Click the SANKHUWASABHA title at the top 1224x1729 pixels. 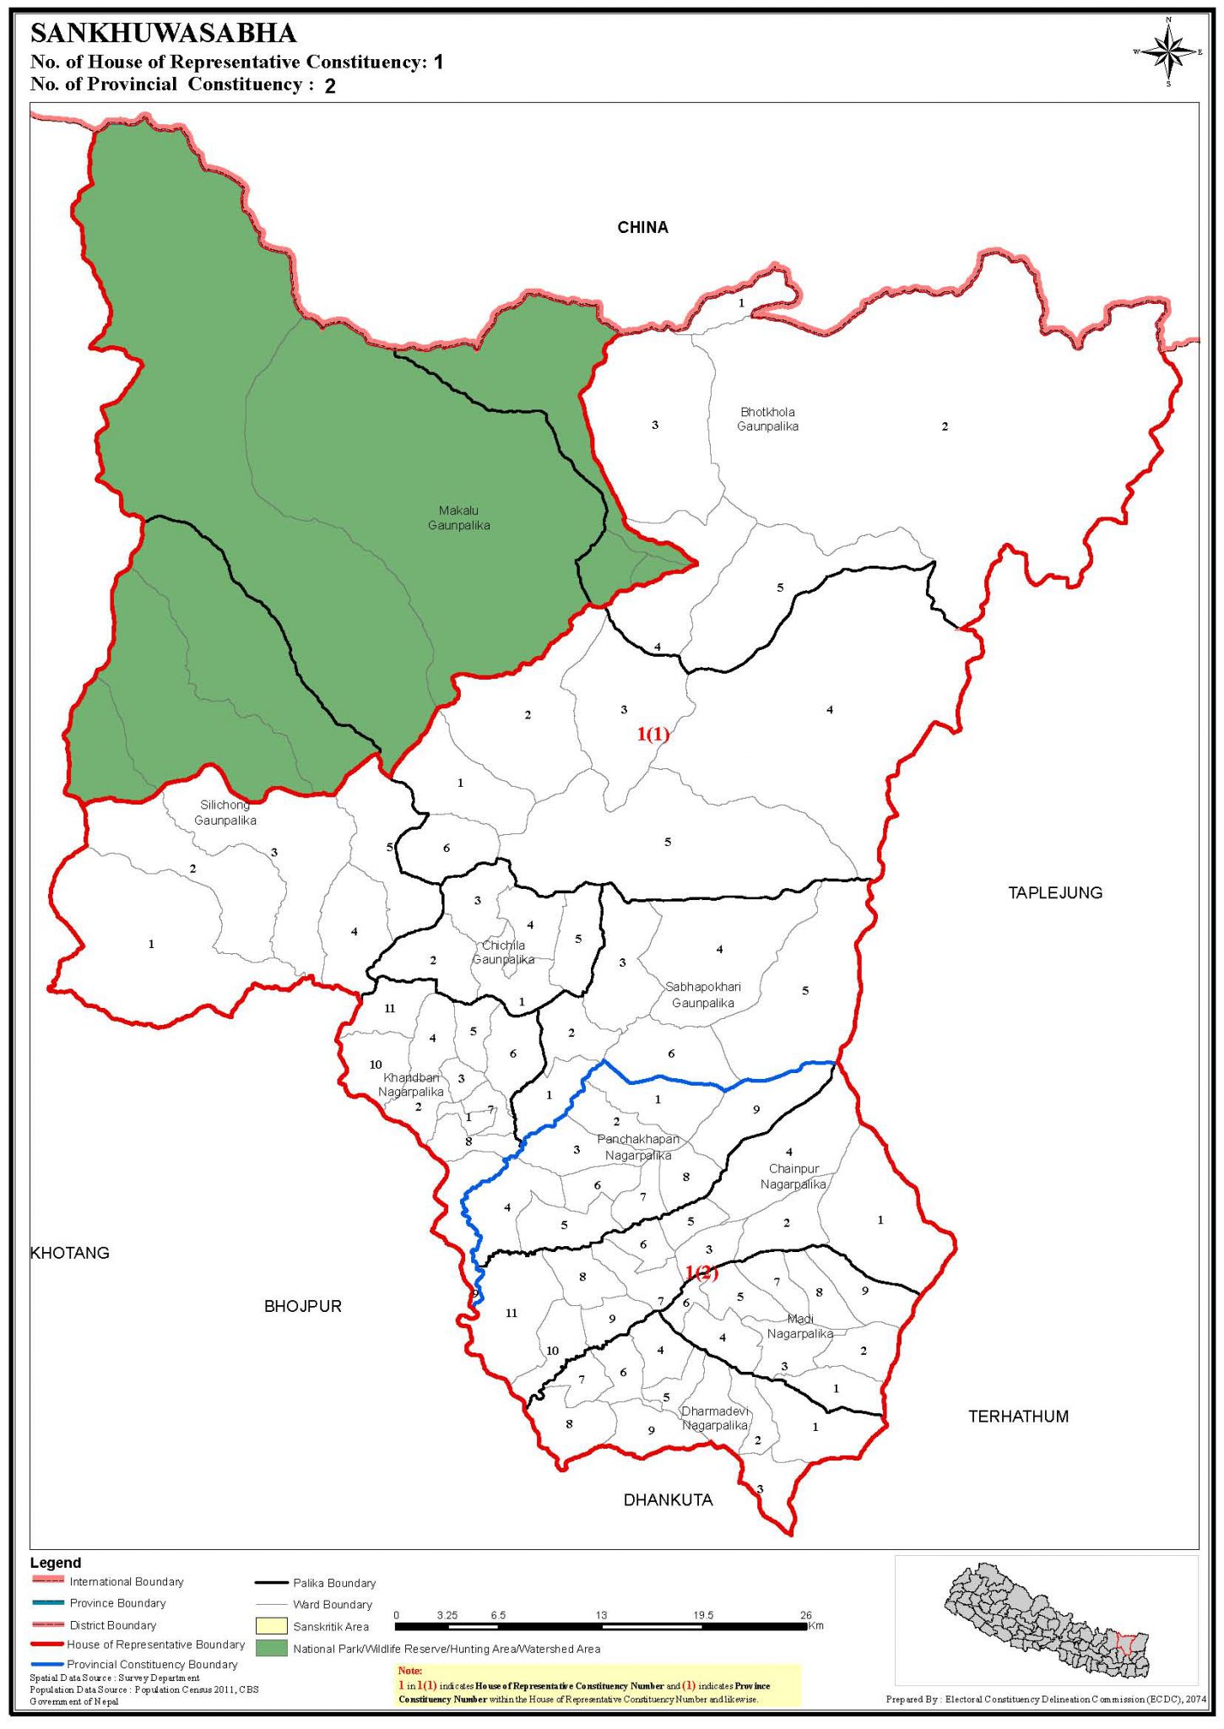[163, 34]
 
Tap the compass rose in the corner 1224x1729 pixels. [1168, 52]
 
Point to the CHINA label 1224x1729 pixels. [642, 227]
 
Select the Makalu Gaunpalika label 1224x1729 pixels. [458, 518]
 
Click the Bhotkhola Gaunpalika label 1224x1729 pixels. [767, 419]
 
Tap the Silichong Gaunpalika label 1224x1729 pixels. [225, 812]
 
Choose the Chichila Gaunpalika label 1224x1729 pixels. [503, 951]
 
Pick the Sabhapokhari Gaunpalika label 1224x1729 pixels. [703, 995]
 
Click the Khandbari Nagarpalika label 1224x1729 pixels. [411, 1085]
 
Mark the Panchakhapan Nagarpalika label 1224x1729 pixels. [638, 1146]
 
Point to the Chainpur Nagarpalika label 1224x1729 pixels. [793, 1176]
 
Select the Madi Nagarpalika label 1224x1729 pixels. [800, 1326]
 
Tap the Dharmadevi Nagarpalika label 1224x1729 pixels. [715, 1417]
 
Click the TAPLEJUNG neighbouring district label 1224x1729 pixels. [1055, 892]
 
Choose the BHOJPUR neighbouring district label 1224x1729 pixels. [303, 1306]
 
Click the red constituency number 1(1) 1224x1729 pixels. [653, 734]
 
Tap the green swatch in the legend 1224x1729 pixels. [271, 1648]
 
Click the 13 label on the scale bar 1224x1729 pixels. [601, 1615]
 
